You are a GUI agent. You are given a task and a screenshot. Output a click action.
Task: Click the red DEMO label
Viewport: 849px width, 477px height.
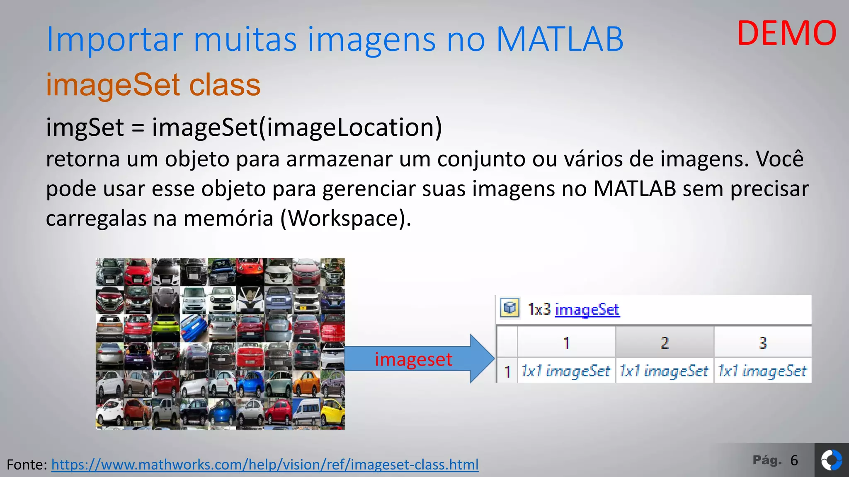tap(786, 34)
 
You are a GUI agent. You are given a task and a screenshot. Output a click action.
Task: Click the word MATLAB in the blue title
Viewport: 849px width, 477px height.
tap(560, 40)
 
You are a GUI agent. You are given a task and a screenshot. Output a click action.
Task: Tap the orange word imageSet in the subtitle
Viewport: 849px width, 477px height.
tap(113, 85)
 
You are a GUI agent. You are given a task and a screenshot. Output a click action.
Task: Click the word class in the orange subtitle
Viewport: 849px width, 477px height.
tap(225, 85)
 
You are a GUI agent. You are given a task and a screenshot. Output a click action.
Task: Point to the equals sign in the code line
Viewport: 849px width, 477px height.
tap(138, 128)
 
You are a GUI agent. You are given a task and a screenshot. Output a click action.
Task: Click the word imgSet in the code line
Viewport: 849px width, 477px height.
tap(85, 127)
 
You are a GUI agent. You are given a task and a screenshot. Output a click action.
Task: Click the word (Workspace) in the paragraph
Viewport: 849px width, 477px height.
tap(346, 218)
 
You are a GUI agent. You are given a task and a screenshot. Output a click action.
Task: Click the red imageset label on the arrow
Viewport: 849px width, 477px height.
tap(413, 359)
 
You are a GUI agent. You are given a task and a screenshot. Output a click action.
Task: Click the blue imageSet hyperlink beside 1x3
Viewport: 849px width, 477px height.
tap(587, 309)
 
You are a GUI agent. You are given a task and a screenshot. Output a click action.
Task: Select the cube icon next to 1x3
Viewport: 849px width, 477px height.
tap(509, 308)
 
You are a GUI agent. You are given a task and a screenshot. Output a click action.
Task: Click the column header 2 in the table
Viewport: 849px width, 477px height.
tap(665, 343)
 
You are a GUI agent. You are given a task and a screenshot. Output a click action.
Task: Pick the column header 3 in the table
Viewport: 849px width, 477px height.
tap(763, 343)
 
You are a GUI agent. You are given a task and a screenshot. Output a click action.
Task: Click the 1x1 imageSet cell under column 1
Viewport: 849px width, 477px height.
tap(566, 371)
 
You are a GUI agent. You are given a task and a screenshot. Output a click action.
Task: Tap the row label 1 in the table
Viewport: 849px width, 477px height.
tap(507, 371)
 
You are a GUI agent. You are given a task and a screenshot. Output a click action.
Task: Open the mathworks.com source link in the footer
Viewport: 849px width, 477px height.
tap(265, 465)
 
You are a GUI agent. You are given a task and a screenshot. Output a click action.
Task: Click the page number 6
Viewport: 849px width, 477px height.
tap(794, 460)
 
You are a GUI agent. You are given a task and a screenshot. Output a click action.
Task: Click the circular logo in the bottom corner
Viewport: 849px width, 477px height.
tap(831, 460)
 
